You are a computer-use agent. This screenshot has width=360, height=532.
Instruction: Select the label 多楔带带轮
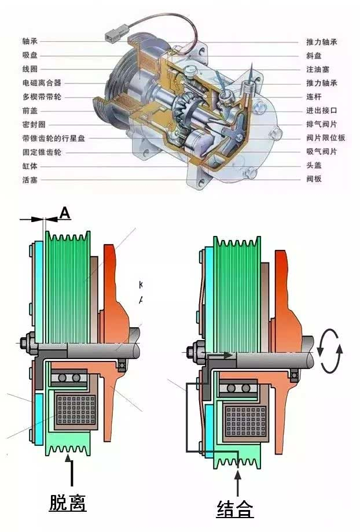click(x=41, y=97)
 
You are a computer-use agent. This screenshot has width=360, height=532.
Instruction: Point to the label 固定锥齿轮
click(x=41, y=152)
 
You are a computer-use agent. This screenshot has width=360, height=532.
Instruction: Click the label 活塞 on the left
click(x=30, y=180)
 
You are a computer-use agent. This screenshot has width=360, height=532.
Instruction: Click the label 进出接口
click(x=321, y=110)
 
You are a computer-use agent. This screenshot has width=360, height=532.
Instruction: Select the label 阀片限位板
click(x=325, y=138)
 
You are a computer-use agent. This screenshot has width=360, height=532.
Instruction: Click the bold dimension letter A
click(x=65, y=213)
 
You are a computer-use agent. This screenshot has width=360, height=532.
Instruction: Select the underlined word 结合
click(x=235, y=509)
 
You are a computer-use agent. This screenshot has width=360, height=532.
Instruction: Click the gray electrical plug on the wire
click(x=112, y=36)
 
